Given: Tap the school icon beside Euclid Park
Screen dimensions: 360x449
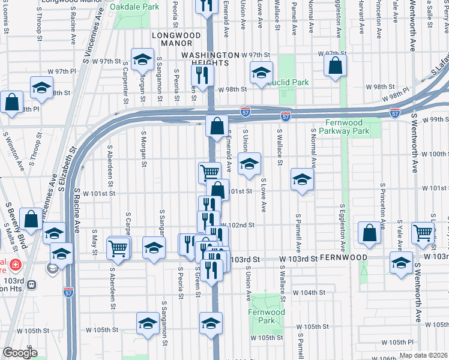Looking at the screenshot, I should click(261, 73).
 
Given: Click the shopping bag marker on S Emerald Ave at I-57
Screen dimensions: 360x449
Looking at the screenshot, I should click(217, 126).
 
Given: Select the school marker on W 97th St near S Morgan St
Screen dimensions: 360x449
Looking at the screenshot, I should click(143, 59).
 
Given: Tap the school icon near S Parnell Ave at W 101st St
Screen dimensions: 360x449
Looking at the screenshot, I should click(302, 179).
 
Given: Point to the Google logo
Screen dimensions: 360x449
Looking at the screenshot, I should click(20, 353).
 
